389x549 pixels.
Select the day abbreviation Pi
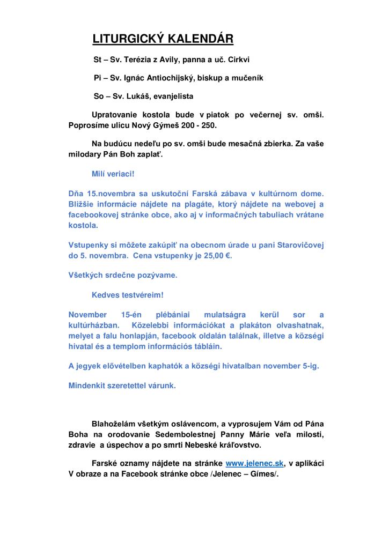point(97,78)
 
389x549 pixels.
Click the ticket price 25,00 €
point(216,256)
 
